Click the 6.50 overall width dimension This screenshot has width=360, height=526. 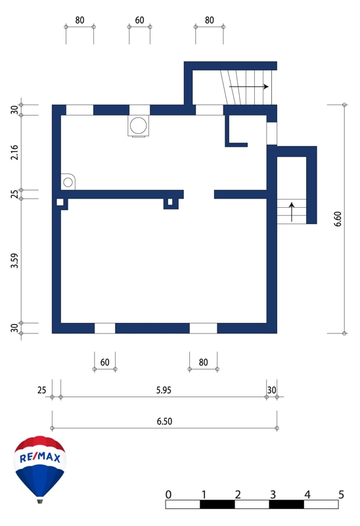pyautogui.click(x=164, y=421)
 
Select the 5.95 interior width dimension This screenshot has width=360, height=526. pyautogui.click(x=164, y=390)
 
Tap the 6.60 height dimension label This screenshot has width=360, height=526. pyautogui.click(x=338, y=219)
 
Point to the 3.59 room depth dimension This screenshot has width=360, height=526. pyautogui.click(x=14, y=260)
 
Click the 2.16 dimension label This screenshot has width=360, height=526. pyautogui.click(x=14, y=153)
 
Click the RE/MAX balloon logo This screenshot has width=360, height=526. pyautogui.click(x=40, y=469)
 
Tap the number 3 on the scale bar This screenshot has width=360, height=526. pyautogui.click(x=273, y=494)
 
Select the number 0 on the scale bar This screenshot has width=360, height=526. pyautogui.click(x=169, y=494)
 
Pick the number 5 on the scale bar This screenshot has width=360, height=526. pyautogui.click(x=341, y=494)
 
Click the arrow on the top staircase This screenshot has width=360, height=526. pyautogui.click(x=249, y=87)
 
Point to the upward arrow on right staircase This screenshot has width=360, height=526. pyautogui.click(x=292, y=212)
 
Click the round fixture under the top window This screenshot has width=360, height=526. pyautogui.click(x=138, y=126)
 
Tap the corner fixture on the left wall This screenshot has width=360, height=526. pyautogui.click(x=68, y=182)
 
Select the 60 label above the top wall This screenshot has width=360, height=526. pyautogui.click(x=139, y=20)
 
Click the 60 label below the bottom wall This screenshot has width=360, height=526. pyautogui.click(x=105, y=362)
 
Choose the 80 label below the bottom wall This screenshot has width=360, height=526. pyautogui.click(x=204, y=362)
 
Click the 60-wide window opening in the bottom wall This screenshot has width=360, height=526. pyautogui.click(x=105, y=328)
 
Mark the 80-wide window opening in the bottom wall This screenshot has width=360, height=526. pyautogui.click(x=204, y=328)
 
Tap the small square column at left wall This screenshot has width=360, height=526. pyautogui.click(x=60, y=202)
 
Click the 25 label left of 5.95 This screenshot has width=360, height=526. pyautogui.click(x=41, y=390)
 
